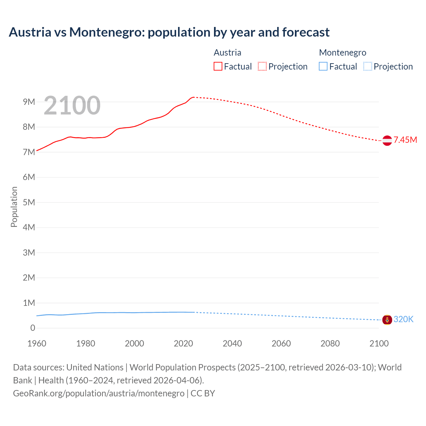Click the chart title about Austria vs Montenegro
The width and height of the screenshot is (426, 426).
[x=169, y=32]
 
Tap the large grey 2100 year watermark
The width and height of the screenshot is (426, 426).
[x=72, y=106]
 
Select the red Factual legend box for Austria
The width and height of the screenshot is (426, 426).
[x=218, y=67]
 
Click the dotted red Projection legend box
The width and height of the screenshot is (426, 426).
[x=262, y=67]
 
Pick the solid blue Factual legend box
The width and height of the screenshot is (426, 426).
[x=323, y=67]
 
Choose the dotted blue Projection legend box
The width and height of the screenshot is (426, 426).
[x=367, y=67]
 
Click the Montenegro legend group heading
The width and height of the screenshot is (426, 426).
[x=342, y=53]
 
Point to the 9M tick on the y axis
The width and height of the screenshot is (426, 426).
[x=29, y=102]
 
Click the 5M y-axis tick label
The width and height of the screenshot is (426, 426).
[x=29, y=202]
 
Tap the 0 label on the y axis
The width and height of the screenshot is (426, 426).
[x=33, y=328]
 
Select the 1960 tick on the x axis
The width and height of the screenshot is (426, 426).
[x=37, y=343]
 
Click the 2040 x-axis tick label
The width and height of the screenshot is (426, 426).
[x=232, y=343]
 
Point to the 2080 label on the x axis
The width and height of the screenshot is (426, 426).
[x=330, y=343]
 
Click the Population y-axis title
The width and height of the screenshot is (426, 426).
[x=14, y=207]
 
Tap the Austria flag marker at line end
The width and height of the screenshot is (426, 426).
[x=387, y=140]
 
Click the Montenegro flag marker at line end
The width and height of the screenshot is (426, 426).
[x=387, y=320]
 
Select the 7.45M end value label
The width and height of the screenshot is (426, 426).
[x=405, y=140]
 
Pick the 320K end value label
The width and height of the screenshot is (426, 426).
[x=403, y=319]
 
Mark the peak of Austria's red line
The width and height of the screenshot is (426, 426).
[x=193, y=97]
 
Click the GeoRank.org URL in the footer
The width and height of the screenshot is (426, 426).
[x=99, y=393]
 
